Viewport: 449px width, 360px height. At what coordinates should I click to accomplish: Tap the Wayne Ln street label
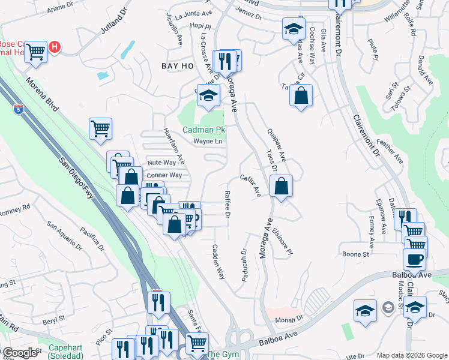coord(208,142)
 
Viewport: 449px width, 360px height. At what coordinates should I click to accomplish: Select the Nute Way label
coord(161,163)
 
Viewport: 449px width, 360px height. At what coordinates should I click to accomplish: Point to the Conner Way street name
coord(164,175)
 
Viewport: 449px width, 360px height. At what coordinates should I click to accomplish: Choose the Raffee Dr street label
coord(227,205)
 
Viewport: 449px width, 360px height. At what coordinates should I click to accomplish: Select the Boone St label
coord(355,254)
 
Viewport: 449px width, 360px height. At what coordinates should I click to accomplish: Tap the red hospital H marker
coord(55,46)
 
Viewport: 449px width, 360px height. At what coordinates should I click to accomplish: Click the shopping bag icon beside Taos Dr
coord(281,186)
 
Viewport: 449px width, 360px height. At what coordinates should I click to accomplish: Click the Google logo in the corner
coord(20,353)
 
